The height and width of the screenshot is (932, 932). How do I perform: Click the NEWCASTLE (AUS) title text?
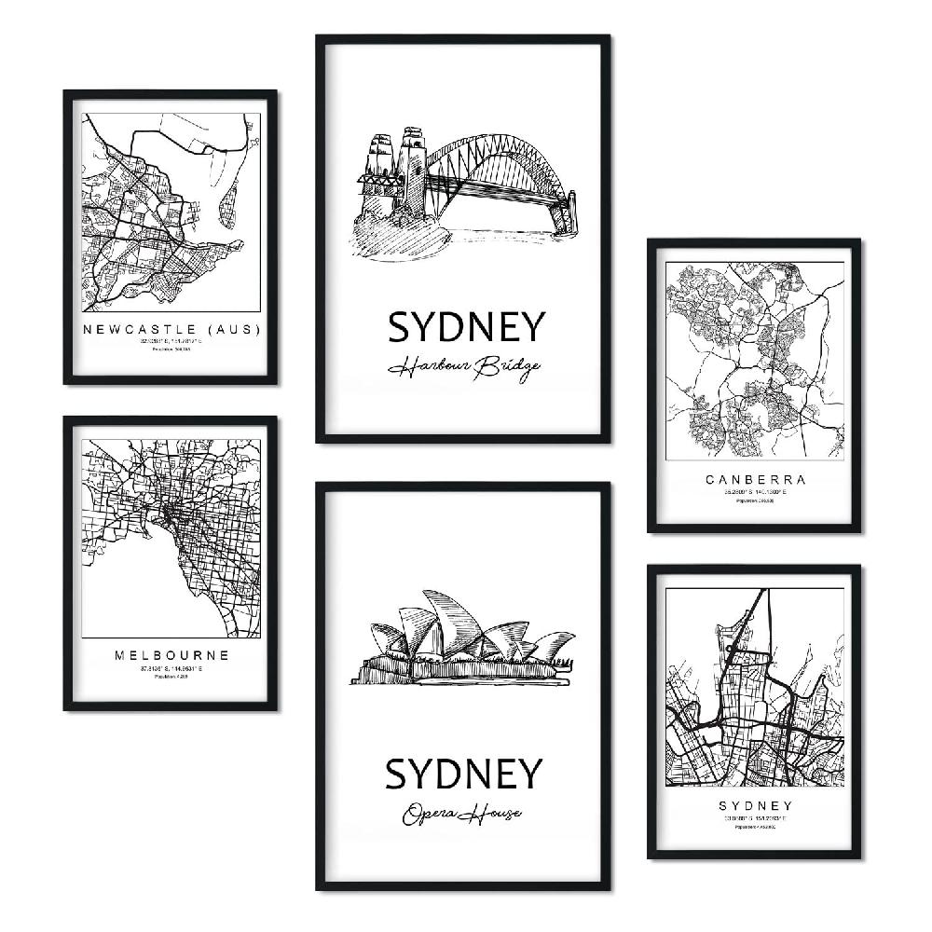pos(171,330)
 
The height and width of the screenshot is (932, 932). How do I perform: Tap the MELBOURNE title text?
pos(172,655)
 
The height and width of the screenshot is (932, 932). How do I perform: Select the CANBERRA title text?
pos(755,481)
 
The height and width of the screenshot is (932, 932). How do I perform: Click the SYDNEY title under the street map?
pos(755,805)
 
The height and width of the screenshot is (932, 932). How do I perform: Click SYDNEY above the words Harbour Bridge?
pos(465,327)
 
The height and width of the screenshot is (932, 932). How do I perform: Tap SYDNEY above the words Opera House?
pos(463,774)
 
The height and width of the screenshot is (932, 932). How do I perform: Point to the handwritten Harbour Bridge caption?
pos(464,367)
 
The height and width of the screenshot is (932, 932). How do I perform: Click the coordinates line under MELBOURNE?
pos(171,668)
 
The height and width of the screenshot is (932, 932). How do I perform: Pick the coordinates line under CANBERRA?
pos(755,493)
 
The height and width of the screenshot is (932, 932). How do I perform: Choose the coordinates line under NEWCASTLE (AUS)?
pos(171,342)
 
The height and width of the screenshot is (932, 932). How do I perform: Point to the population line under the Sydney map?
pos(755,827)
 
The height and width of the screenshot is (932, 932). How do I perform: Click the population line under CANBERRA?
pos(755,501)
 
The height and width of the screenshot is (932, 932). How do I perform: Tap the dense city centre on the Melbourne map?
pos(173,513)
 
